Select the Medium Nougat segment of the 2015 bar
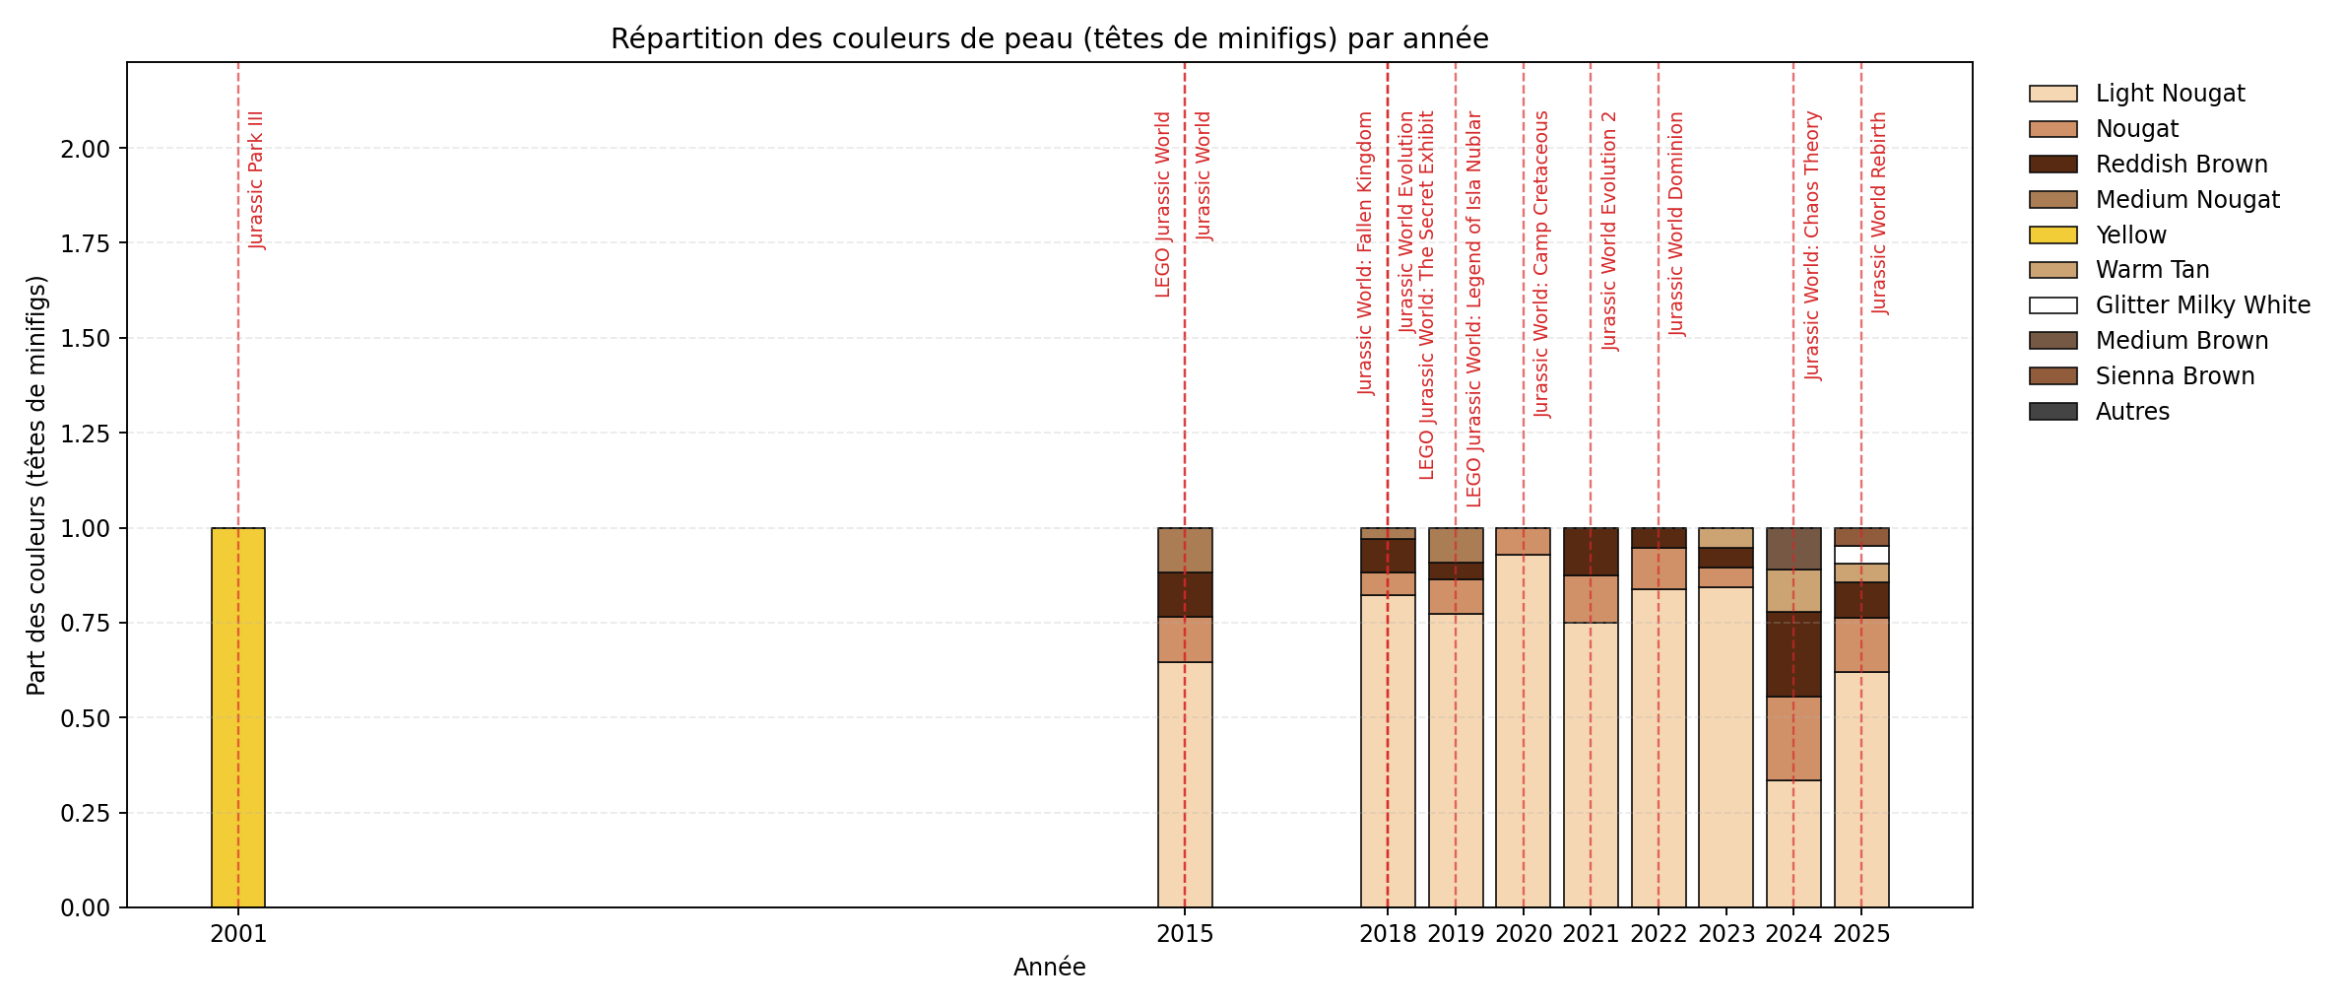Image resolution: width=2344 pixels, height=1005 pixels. [1185, 550]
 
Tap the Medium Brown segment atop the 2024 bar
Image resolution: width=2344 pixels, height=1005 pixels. [1793, 549]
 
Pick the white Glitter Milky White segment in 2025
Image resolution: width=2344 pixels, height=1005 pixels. [1861, 555]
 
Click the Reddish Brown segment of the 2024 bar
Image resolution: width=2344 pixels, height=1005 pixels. [1793, 654]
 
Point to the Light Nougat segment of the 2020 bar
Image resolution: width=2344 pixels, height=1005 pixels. [1524, 730]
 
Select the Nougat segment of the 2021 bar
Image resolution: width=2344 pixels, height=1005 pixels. [1591, 599]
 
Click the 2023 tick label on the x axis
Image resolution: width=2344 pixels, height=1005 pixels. [1726, 934]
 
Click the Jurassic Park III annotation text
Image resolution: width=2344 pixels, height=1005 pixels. [256, 179]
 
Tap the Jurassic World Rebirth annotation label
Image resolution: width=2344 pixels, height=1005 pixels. [1879, 213]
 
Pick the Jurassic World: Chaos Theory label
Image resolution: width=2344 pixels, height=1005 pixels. [1812, 245]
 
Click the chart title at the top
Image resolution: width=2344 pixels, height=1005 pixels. [1049, 38]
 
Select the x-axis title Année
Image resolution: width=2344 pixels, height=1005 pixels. [1049, 968]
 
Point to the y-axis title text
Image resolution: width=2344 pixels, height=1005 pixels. [36, 485]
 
